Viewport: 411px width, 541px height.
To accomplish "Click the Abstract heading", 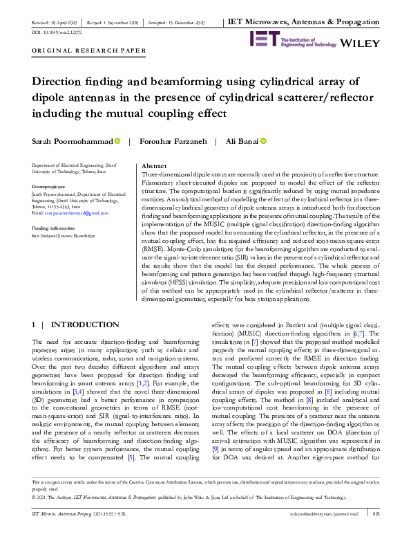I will click(x=153, y=167).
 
